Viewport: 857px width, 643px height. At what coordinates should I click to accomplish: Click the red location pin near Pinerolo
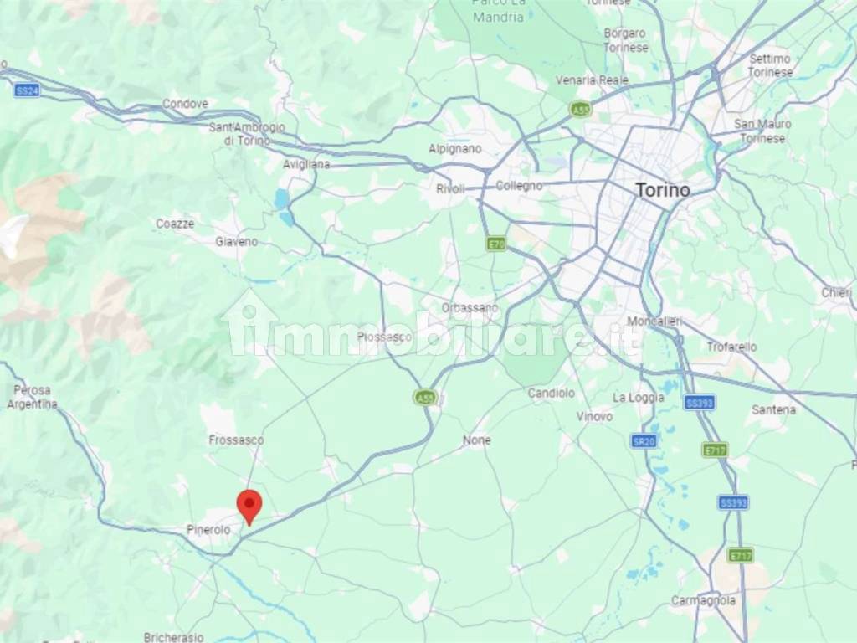249,505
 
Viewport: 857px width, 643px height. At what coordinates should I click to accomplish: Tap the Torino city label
663,190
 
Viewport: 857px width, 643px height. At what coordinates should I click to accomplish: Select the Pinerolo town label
208,530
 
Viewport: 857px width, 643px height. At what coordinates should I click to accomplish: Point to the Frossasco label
236,440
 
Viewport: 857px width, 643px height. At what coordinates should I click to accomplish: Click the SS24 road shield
26,90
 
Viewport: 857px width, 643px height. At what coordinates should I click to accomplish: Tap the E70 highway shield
496,244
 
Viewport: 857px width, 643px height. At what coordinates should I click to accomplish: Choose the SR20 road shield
643,441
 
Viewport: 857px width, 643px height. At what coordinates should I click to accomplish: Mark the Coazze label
175,224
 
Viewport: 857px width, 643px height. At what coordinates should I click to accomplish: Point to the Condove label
185,104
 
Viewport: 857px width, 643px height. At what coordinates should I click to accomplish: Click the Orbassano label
470,308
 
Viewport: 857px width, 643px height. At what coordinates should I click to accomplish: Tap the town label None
477,440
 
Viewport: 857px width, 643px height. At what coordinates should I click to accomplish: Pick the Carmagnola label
703,600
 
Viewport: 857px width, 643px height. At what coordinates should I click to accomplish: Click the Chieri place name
836,292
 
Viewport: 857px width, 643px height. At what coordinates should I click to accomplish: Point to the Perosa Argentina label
33,397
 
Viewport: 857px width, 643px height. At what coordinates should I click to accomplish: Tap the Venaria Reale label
592,80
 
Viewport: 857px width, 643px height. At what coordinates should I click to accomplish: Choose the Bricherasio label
173,637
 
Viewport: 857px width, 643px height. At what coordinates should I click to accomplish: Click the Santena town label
774,409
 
